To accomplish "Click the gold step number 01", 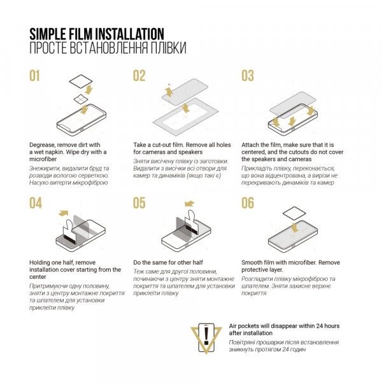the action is (34, 76).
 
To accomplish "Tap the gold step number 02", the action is (139, 76).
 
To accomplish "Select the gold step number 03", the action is (248, 76).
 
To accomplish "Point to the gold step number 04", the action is (36, 203).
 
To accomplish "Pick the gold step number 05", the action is (139, 203).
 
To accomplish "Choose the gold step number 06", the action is (248, 203).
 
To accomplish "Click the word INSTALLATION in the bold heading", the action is (129, 34).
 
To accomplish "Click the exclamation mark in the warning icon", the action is (206, 336).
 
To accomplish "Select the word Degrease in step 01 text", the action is (42, 145).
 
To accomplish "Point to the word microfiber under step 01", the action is (43, 159).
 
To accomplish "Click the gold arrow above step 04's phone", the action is (63, 213).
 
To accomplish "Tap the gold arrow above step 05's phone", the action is (189, 204).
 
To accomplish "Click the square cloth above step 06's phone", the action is (294, 214).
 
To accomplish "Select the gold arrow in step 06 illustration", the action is (295, 228).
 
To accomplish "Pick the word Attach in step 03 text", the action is (250, 145).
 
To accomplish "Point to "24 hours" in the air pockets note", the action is (327, 326).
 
